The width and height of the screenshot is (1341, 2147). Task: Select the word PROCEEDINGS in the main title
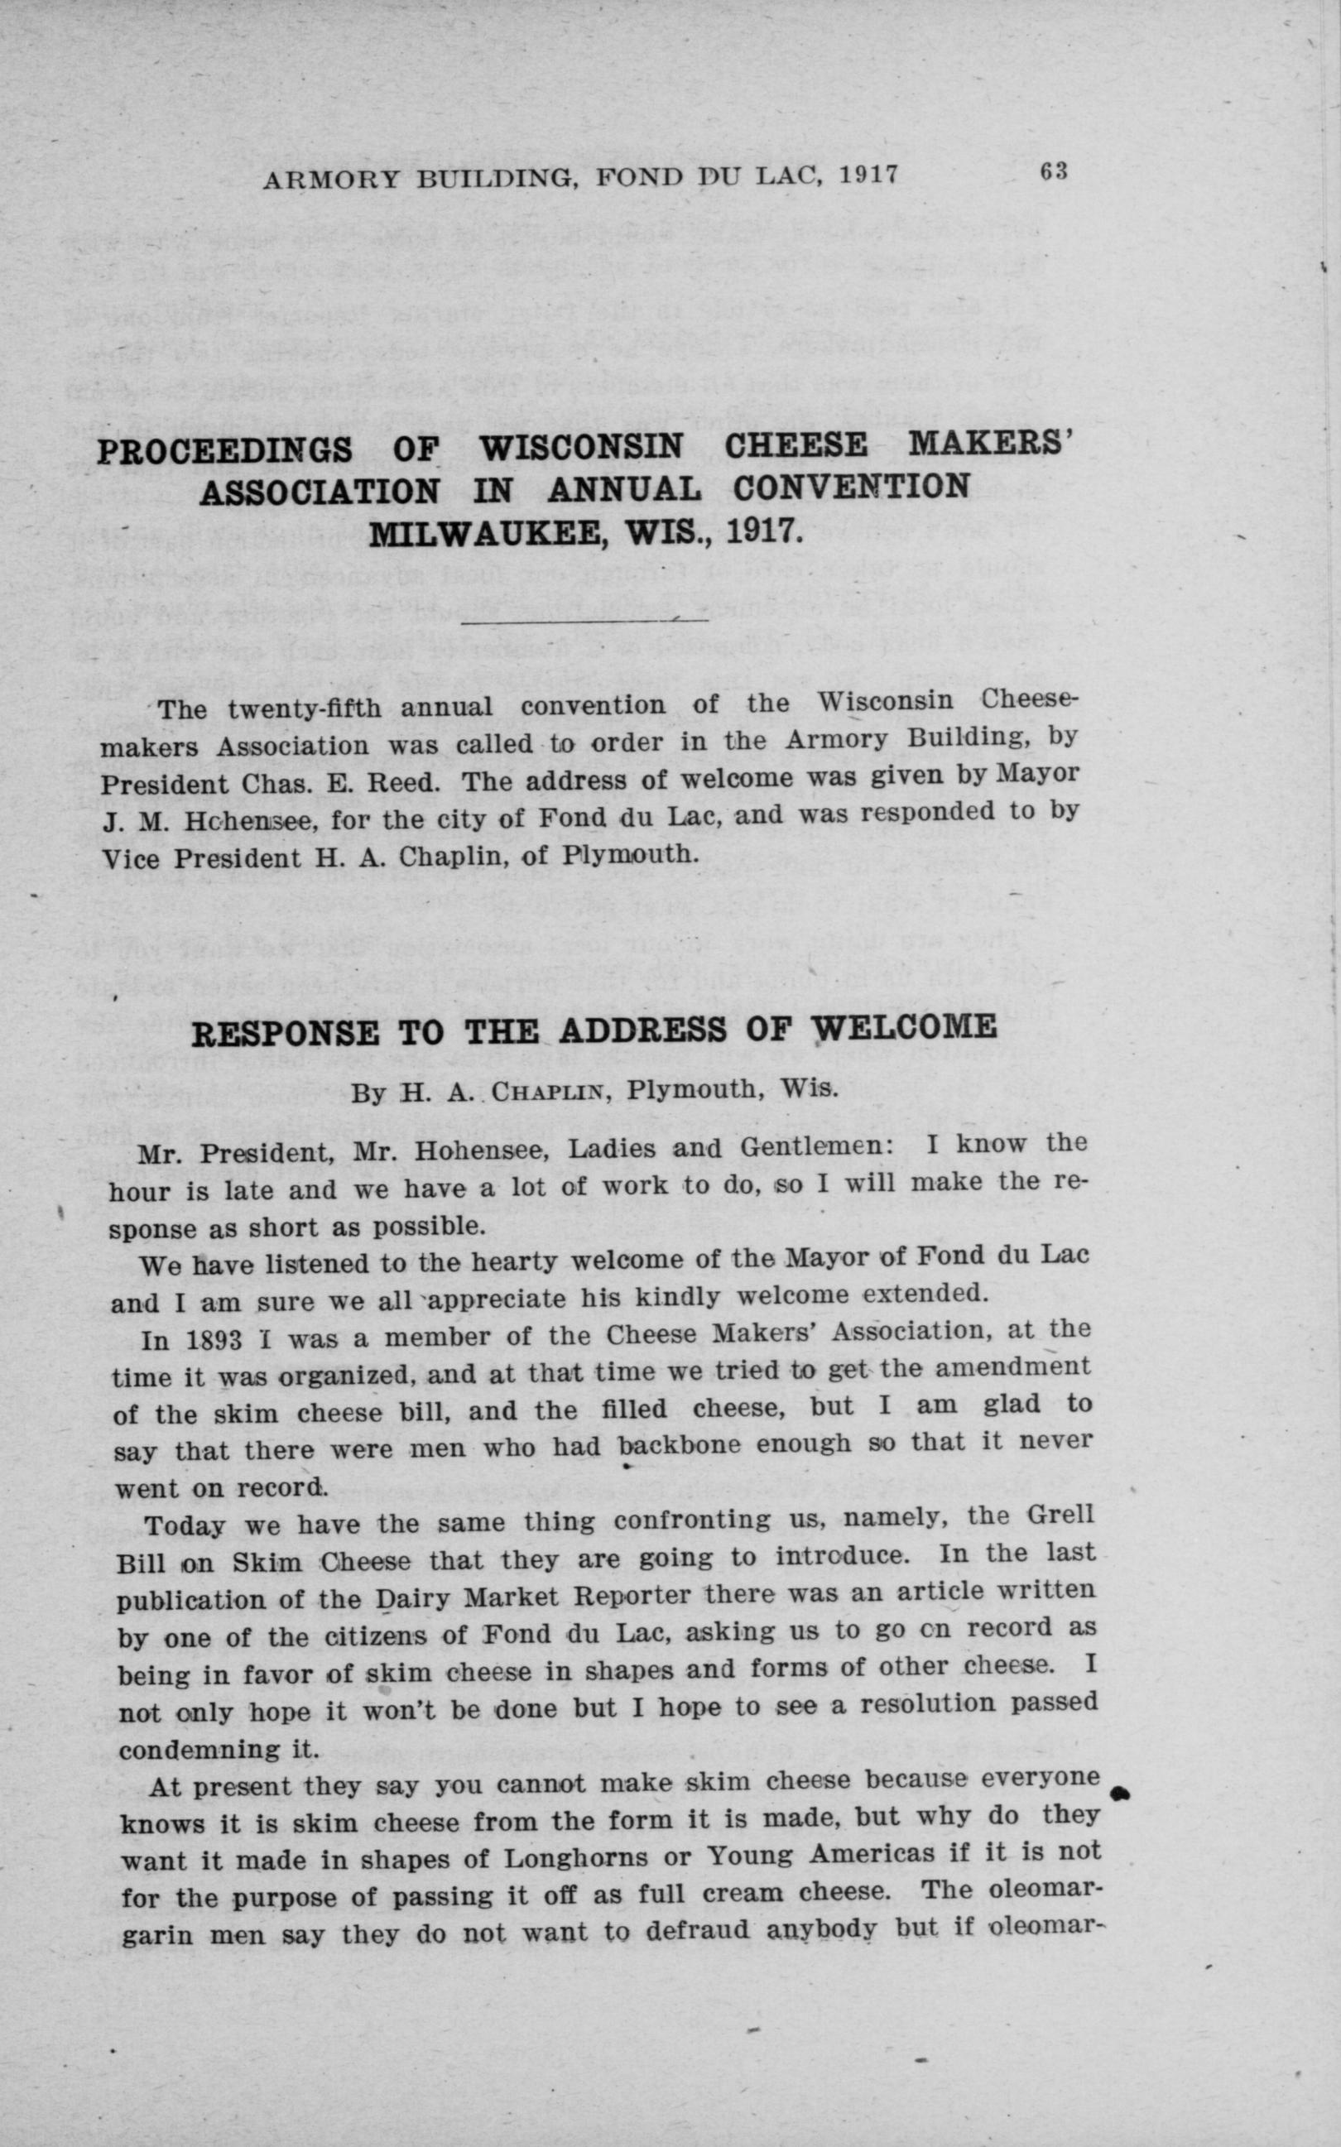(224, 451)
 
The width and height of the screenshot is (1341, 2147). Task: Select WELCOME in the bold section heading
(906, 1027)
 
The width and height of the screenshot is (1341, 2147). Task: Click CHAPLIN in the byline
(548, 1091)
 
